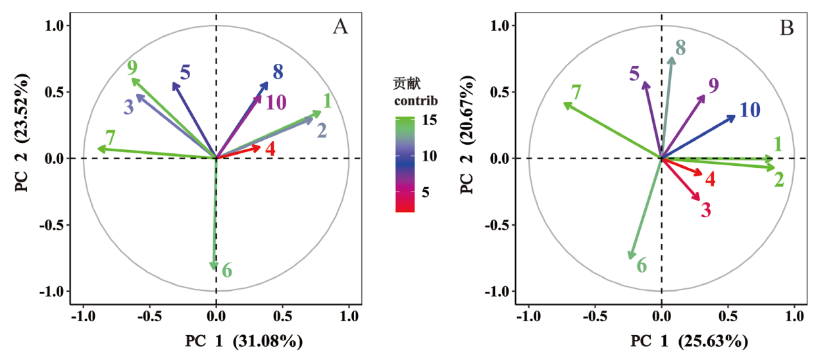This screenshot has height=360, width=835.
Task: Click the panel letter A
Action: point(340,27)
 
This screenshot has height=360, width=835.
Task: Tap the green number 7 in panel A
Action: point(111,138)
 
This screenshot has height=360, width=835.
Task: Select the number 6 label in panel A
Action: point(227,270)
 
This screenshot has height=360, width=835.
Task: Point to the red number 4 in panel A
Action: point(270,149)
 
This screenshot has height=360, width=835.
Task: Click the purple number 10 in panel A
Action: point(276,103)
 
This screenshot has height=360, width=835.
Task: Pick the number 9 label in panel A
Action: point(132,67)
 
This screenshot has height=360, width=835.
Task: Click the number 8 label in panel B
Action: point(680,47)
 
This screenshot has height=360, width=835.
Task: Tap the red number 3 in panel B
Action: point(706,211)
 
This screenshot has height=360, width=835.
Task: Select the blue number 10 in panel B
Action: point(750,110)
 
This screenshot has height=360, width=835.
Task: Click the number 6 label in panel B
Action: point(642,266)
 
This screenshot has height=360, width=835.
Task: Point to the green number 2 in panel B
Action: point(779,180)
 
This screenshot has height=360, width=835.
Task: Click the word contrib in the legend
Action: point(416,101)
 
